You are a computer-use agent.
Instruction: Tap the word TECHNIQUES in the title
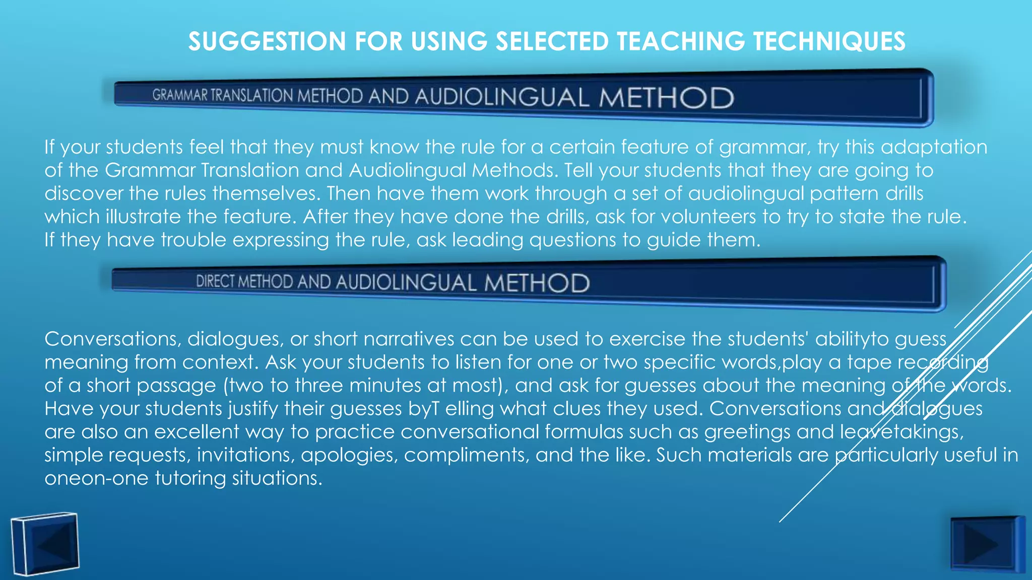pos(829,41)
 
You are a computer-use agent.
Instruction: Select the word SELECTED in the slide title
pos(552,41)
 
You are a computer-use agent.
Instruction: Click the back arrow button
pos(45,544)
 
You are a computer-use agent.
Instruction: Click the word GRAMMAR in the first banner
pos(180,95)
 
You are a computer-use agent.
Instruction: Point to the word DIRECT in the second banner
pos(216,281)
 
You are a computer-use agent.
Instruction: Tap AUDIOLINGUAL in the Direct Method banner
pos(406,282)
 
